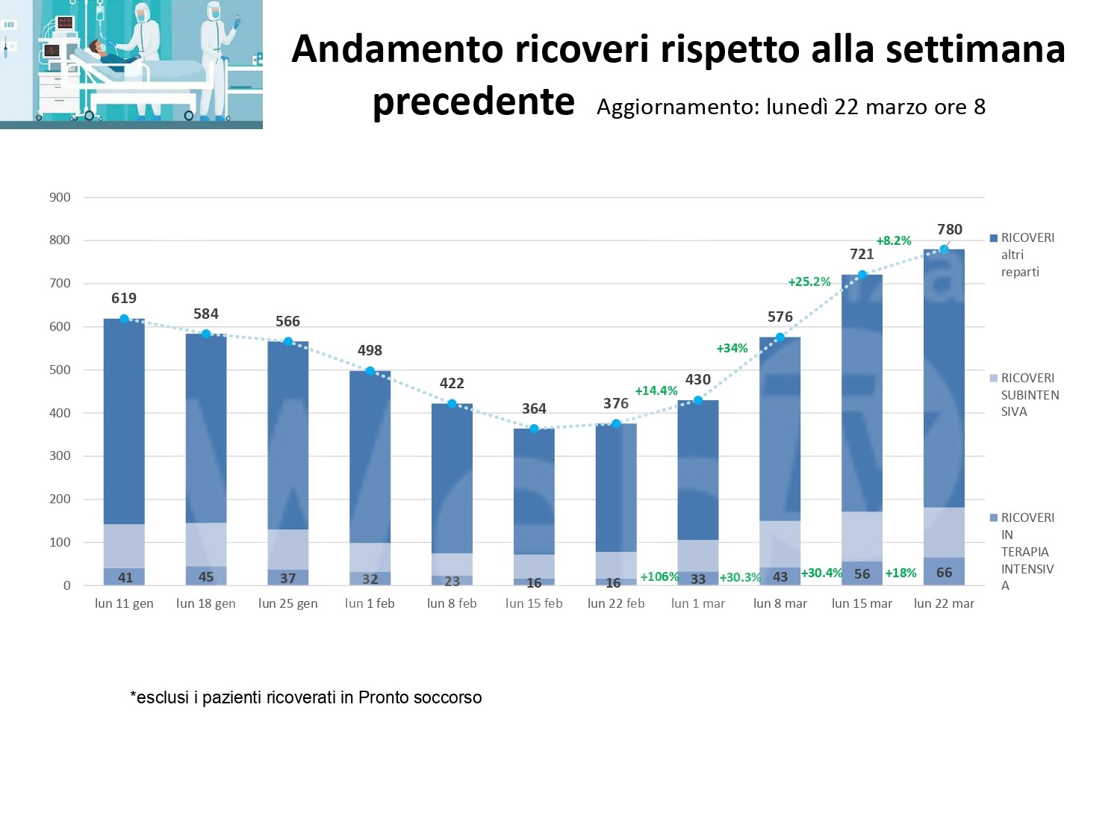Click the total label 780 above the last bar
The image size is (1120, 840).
(x=949, y=229)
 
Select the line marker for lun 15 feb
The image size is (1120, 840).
(x=534, y=429)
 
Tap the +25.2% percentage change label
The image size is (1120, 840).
(x=809, y=281)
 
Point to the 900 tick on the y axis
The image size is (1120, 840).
(x=60, y=197)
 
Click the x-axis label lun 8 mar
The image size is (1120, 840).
(x=780, y=603)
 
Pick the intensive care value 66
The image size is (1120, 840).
(x=944, y=573)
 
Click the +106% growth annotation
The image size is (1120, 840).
(x=659, y=576)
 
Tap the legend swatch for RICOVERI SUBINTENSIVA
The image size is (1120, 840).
(x=994, y=378)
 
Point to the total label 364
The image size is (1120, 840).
(x=534, y=408)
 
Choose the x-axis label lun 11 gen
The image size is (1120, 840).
(x=124, y=603)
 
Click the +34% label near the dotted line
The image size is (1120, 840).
(x=732, y=348)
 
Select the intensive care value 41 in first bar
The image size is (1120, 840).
(x=125, y=577)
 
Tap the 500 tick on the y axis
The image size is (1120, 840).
(x=60, y=370)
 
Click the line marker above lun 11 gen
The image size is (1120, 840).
(x=124, y=319)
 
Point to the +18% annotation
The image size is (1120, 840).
(x=900, y=573)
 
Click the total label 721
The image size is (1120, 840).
(x=862, y=254)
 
